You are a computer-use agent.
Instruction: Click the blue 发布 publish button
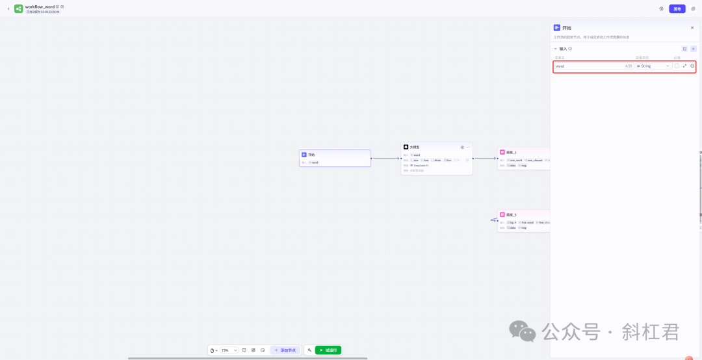(677, 9)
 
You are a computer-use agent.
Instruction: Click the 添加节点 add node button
(285, 350)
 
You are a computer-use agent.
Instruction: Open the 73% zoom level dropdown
(229, 350)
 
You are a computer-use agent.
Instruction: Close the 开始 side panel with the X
(692, 28)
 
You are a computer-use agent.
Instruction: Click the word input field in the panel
(588, 66)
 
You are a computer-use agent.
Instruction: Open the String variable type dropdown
(653, 66)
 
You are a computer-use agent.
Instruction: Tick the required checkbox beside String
(677, 66)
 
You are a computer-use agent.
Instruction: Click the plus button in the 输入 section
(694, 49)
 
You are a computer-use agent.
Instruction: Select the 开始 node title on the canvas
(311, 155)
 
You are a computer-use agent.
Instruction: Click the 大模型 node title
(415, 147)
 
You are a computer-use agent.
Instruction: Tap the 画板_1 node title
(511, 152)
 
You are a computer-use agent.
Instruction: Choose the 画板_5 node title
(511, 214)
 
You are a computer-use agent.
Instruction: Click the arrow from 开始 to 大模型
(386, 158)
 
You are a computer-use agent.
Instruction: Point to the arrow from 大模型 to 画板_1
(484, 158)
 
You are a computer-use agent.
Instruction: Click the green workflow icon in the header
(19, 9)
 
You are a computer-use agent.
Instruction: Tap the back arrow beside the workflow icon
(8, 9)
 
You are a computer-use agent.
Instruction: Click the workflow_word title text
(40, 6)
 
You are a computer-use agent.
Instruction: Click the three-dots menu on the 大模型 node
(467, 147)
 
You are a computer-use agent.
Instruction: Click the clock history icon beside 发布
(661, 9)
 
